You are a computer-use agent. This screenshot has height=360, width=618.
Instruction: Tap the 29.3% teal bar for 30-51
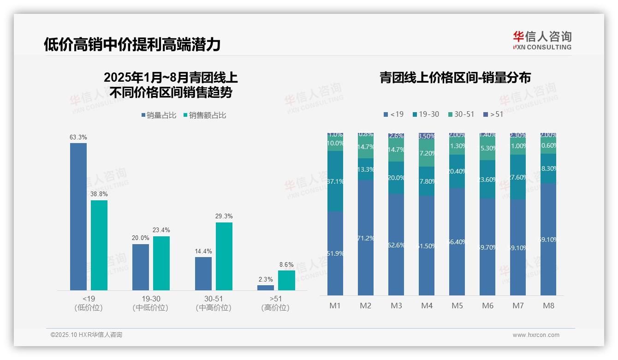tap(224, 256)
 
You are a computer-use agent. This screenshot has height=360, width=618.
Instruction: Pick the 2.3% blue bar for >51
tap(266, 288)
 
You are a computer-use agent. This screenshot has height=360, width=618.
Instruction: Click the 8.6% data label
tap(286, 265)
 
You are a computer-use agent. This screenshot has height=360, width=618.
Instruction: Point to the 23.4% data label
tap(161, 230)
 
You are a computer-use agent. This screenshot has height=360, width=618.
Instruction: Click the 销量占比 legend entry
tap(159, 115)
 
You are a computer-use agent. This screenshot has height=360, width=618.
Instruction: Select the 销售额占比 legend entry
tap(205, 115)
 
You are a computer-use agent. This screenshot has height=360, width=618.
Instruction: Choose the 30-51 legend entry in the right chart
tap(461, 114)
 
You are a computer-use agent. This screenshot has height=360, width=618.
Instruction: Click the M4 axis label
tap(427, 306)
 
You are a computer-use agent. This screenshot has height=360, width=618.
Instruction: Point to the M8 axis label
tap(548, 306)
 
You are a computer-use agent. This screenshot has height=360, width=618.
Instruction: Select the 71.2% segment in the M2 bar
tap(366, 238)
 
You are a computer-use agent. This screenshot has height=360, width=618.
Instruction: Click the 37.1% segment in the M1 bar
tap(335, 181)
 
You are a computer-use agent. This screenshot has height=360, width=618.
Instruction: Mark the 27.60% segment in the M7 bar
tap(518, 177)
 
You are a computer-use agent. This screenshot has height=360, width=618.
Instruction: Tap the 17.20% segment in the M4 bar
tap(427, 153)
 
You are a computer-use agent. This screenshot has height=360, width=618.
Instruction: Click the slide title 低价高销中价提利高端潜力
tap(132, 45)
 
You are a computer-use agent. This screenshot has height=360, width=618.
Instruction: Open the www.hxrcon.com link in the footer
tap(536, 335)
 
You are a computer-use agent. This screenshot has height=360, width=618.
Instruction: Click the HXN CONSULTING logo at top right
tap(542, 40)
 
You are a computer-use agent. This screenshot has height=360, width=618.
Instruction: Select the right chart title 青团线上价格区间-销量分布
tap(455, 78)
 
